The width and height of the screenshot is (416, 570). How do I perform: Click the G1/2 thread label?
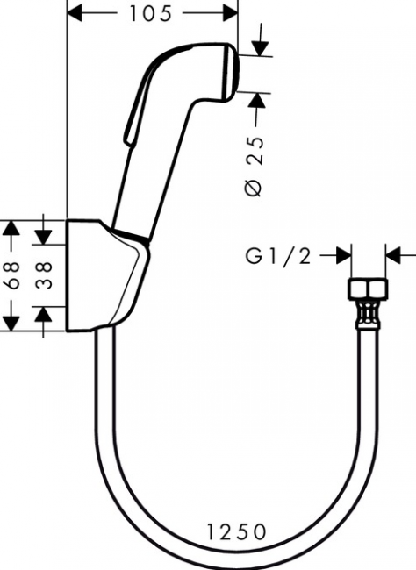coord(277,256)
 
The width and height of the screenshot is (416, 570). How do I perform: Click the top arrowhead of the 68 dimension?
coord(11,229)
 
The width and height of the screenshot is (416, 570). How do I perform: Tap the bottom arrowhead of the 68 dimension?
coord(11,322)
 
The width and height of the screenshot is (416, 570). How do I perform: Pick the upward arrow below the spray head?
coord(258,100)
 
